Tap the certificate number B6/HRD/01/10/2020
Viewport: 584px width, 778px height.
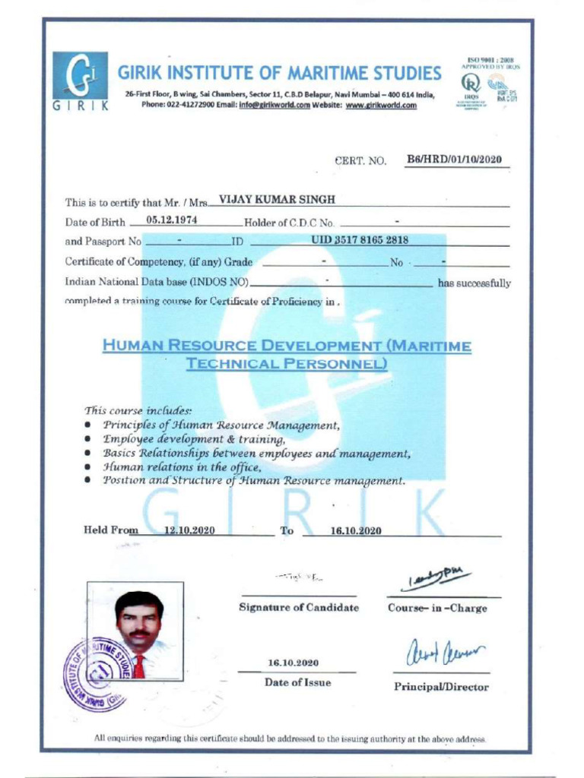(455, 160)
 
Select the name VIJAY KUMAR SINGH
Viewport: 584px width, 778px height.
(277, 200)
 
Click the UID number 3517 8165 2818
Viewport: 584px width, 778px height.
(360, 240)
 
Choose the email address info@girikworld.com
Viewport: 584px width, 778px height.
(274, 105)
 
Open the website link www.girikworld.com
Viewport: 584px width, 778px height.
(381, 105)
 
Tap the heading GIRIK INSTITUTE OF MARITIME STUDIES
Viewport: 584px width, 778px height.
(279, 74)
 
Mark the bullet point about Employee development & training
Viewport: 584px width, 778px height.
(194, 439)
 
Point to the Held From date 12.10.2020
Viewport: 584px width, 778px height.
(189, 530)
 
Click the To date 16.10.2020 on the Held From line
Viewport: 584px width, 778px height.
(355, 530)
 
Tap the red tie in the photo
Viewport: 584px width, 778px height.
(139, 666)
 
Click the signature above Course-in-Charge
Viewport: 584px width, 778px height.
(439, 579)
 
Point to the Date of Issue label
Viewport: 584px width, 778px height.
(297, 682)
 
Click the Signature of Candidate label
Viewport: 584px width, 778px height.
(298, 607)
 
